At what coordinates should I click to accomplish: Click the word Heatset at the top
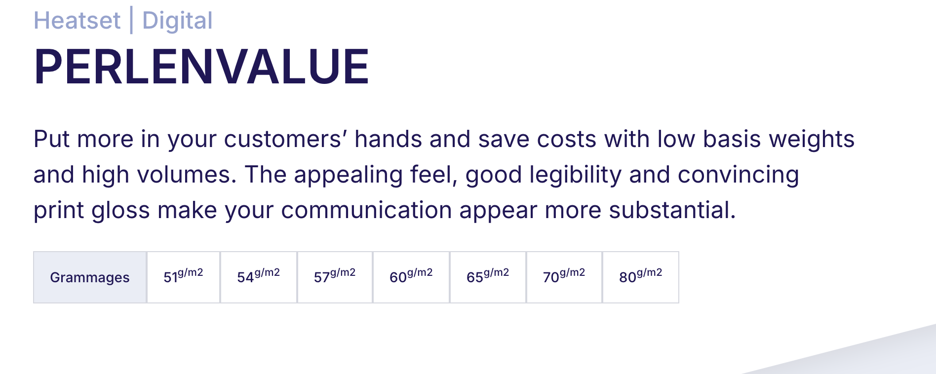[77, 21]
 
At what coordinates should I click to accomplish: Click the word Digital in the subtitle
[177, 21]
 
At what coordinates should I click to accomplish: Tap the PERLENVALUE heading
[201, 67]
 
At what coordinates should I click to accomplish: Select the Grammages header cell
[90, 277]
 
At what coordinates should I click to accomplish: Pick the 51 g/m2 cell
[183, 277]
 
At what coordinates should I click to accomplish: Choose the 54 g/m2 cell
[259, 277]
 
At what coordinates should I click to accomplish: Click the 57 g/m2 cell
[335, 277]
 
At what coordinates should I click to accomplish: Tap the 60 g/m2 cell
[411, 277]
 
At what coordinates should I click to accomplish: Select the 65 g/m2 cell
[488, 277]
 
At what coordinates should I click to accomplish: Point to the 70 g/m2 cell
[564, 277]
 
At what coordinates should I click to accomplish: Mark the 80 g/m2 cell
[641, 277]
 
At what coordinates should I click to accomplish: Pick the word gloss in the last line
[120, 211]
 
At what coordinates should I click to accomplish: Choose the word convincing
[739, 175]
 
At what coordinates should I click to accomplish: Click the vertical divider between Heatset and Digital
[131, 21]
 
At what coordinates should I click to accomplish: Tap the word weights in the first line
[812, 139]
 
